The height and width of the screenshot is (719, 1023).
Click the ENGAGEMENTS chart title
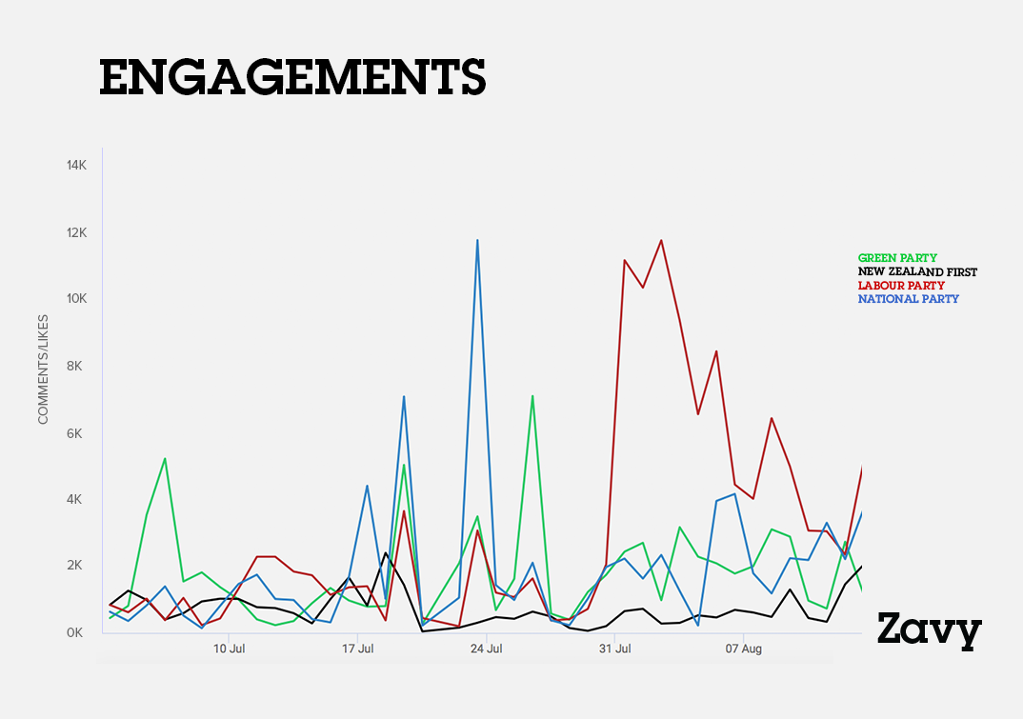292,77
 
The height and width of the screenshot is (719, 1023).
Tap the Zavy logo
929,629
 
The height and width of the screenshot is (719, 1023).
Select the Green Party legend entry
897,258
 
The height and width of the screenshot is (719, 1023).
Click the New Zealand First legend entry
917,272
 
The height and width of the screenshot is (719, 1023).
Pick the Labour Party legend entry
901,286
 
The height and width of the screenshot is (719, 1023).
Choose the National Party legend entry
908,299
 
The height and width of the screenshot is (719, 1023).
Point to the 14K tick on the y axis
76,166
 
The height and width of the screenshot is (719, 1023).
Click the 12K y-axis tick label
76,232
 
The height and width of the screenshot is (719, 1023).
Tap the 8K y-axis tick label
76,366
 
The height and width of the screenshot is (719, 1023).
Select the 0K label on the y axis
76,632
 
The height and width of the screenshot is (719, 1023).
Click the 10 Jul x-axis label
229,649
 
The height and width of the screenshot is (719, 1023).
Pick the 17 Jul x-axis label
358,649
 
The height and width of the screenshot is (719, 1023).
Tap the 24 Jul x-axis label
487,649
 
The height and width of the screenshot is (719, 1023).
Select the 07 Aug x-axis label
744,649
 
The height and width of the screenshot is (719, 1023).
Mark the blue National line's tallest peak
477,240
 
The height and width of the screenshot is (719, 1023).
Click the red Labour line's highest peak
660,240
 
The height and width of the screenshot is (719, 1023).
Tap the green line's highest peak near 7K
532,396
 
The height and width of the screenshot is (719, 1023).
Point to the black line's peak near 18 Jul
386,553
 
